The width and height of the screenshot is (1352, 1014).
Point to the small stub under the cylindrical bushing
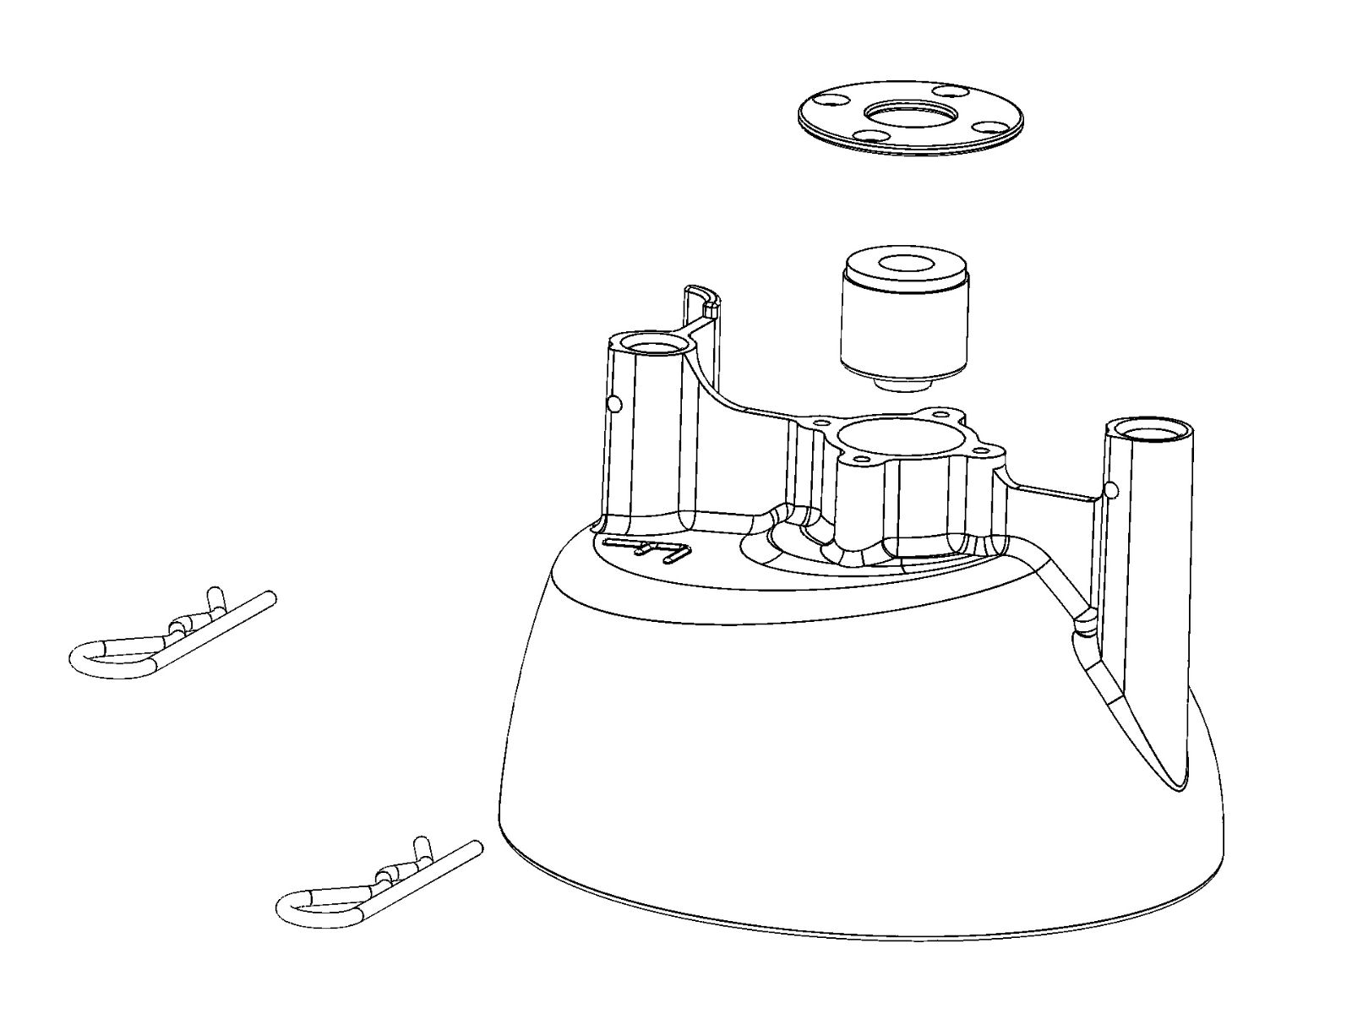point(903,384)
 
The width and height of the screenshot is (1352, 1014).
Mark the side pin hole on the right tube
point(1112,489)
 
